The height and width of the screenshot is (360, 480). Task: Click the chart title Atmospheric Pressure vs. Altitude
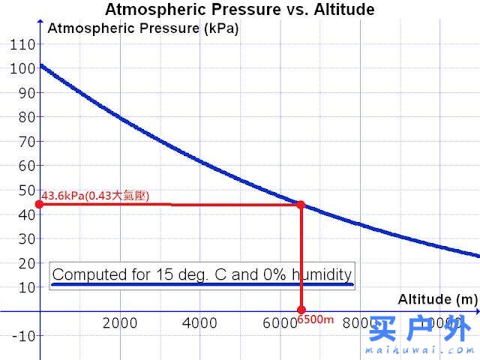(x=239, y=10)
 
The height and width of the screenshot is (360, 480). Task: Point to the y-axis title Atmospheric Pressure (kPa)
(x=142, y=29)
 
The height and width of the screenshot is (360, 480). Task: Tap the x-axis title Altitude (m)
(x=437, y=298)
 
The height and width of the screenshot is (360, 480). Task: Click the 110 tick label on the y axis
(x=22, y=44)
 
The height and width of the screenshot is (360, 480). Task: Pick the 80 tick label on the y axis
(x=26, y=117)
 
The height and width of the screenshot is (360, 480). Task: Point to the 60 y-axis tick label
(x=26, y=166)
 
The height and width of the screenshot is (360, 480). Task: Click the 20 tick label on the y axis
(x=26, y=262)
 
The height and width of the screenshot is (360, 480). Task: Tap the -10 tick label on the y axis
(x=23, y=335)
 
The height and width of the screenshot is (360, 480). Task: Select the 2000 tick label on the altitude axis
(x=119, y=323)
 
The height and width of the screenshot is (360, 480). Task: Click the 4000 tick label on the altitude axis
(x=199, y=323)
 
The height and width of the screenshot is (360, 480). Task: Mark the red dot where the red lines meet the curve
(x=301, y=205)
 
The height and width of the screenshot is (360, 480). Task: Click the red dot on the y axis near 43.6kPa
(x=39, y=205)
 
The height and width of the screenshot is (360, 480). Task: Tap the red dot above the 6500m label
(x=301, y=309)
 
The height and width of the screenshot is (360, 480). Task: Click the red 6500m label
(x=315, y=319)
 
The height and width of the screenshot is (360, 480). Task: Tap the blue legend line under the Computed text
(x=202, y=284)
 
